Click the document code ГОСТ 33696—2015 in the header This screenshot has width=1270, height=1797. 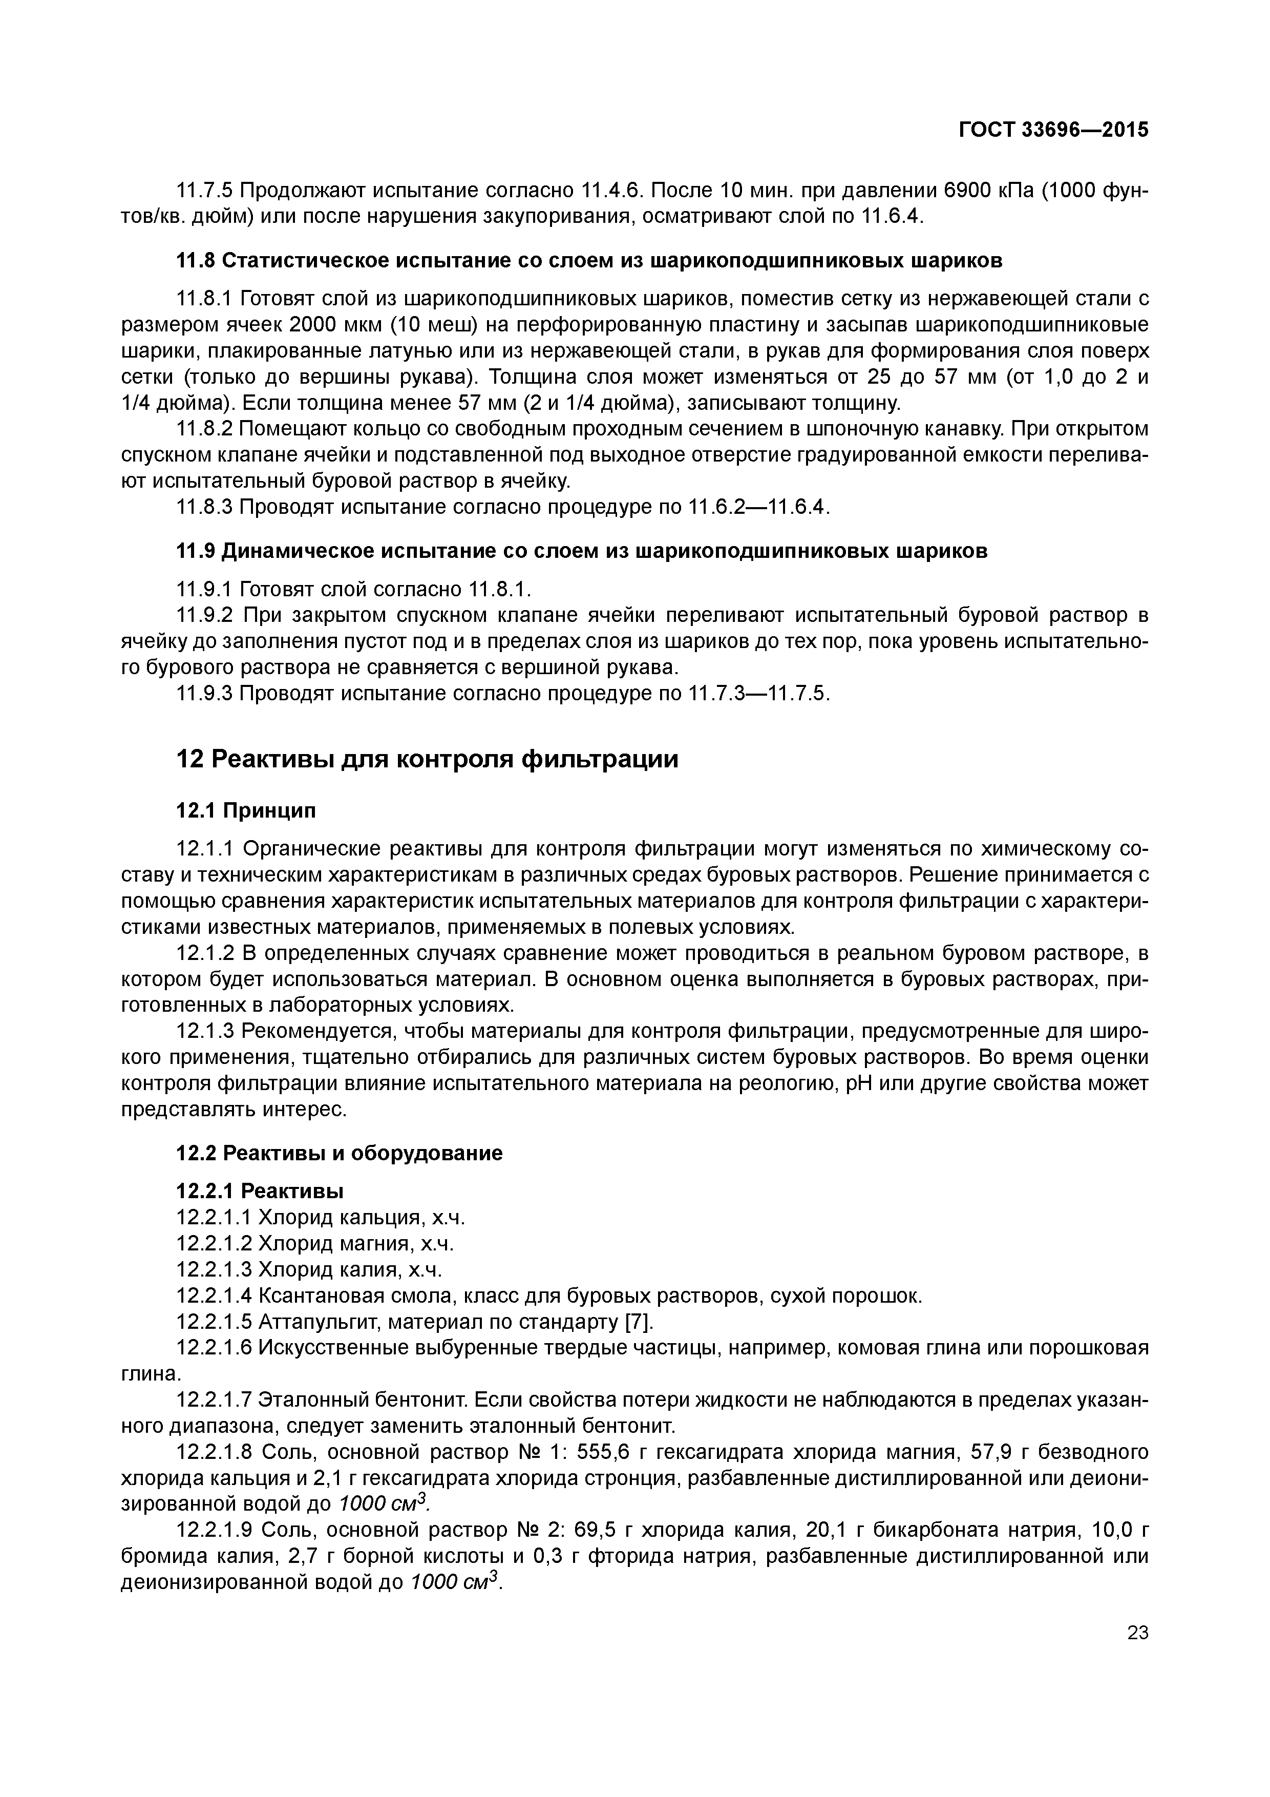[x=1053, y=130]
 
